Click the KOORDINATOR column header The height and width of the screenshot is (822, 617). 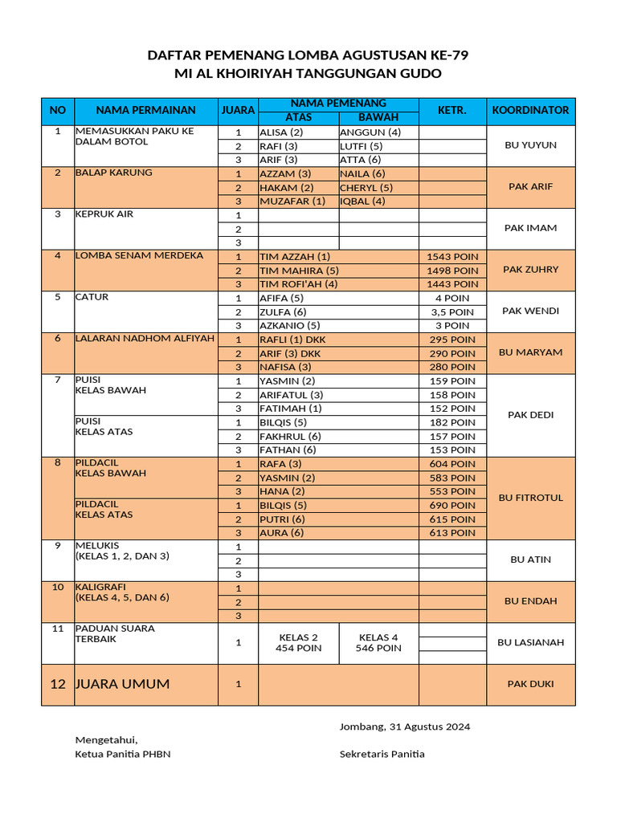(530, 110)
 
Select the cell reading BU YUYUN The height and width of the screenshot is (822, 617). (530, 145)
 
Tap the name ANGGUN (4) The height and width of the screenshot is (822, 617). (370, 132)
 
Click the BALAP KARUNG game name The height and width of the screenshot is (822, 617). (113, 173)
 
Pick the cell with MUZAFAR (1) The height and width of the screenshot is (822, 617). (292, 201)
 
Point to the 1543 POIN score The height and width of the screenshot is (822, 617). (452, 256)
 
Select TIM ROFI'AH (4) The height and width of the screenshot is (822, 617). (298, 284)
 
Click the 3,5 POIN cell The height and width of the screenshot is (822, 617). (452, 311)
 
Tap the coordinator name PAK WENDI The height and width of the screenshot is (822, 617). (530, 311)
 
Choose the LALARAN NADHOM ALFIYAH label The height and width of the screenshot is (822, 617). (145, 339)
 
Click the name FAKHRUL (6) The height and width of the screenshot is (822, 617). (290, 436)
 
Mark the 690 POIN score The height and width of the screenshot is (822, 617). (452, 506)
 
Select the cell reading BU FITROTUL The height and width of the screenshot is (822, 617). (530, 498)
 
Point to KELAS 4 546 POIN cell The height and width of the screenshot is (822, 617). (378, 643)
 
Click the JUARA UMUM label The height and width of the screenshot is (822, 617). (122, 685)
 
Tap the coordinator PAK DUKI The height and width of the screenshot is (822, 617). (530, 684)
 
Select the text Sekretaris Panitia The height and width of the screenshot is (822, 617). (382, 754)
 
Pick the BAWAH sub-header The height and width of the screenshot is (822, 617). (378, 117)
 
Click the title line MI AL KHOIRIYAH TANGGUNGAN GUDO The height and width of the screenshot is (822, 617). (308, 74)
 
